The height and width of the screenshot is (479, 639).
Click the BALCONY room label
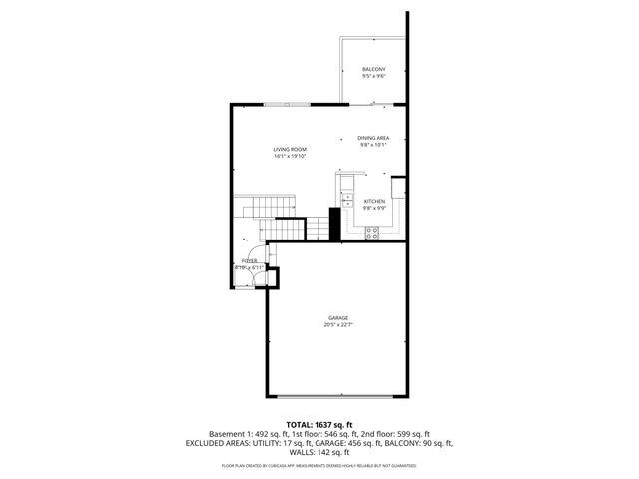[373, 68]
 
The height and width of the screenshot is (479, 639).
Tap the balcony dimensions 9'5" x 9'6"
[373, 75]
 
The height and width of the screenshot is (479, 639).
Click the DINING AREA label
[373, 138]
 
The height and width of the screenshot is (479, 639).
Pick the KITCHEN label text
[374, 201]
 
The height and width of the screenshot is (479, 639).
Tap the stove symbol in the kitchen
[372, 234]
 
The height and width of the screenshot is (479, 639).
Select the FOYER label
[249, 260]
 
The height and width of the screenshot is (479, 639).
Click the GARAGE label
[338, 318]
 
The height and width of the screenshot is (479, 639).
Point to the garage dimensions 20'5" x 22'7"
[338, 325]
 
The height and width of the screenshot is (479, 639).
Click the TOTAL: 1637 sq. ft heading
[319, 424]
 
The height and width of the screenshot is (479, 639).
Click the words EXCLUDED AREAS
[218, 443]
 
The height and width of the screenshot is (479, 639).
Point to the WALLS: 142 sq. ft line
[319, 452]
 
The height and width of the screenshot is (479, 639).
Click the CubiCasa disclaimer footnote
[319, 465]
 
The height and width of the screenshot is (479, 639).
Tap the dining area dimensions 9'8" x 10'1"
[373, 145]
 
